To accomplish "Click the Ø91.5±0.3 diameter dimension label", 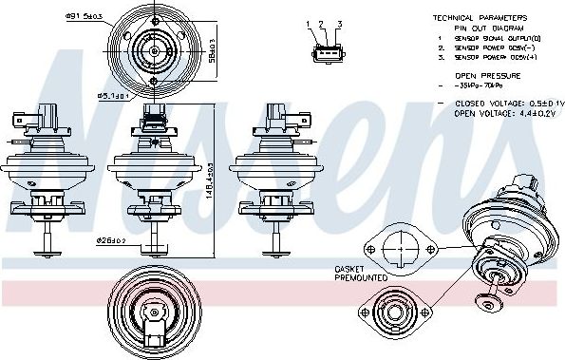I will point(84,15).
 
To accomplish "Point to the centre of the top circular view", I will point(153,47).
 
